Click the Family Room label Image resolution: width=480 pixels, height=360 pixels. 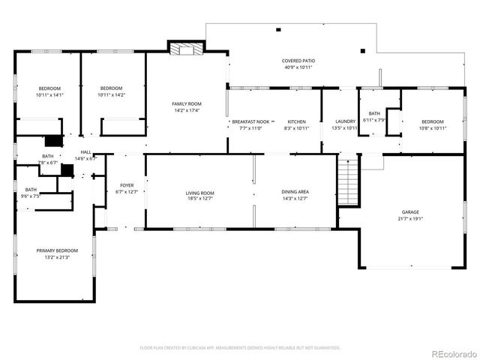187,103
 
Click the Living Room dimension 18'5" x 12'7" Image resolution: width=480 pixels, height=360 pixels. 200,199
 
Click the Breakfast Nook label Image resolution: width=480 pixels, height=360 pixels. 250,121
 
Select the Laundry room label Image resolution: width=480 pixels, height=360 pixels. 345,121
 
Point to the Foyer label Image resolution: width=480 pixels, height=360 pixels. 126,185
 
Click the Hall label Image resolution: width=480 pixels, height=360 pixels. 86,152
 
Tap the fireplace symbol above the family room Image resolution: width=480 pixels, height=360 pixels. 184,49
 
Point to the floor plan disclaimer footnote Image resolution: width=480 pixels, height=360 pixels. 240,348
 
